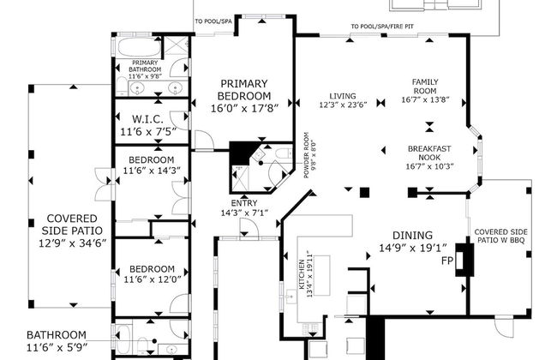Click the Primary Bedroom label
pyautogui.click(x=244, y=96)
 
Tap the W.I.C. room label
pyautogui.click(x=148, y=125)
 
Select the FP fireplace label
pyautogui.click(x=447, y=261)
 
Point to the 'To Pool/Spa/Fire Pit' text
pyautogui.click(x=382, y=27)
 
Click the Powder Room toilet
pyautogui.click(x=284, y=153)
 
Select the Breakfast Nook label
pyautogui.click(x=429, y=158)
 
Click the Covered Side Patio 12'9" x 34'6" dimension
pyautogui.click(x=73, y=243)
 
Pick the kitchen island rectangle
pyautogui.click(x=320, y=275)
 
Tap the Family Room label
pyautogui.click(x=425, y=91)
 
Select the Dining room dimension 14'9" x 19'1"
pyautogui.click(x=413, y=248)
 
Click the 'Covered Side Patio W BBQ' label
pyautogui.click(x=501, y=236)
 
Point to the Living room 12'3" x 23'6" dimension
pyautogui.click(x=343, y=105)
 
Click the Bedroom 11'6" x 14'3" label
pyautogui.click(x=152, y=165)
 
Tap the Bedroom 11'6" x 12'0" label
pyautogui.click(x=153, y=274)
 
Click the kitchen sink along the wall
pyautogui.click(x=291, y=297)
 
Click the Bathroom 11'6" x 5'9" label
pyautogui.click(x=57, y=341)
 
